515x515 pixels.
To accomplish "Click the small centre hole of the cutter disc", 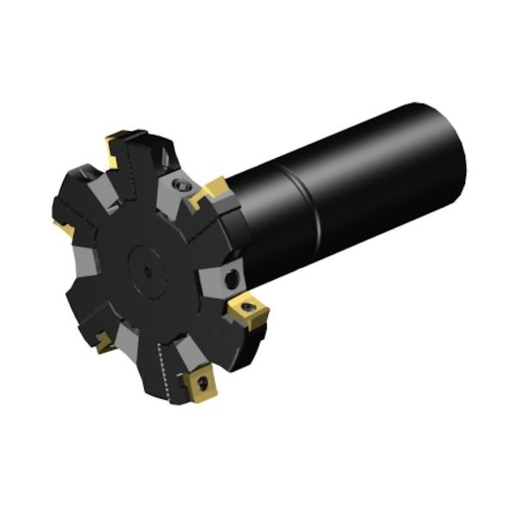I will point(148,271).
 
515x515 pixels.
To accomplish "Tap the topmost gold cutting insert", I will point(118,148).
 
